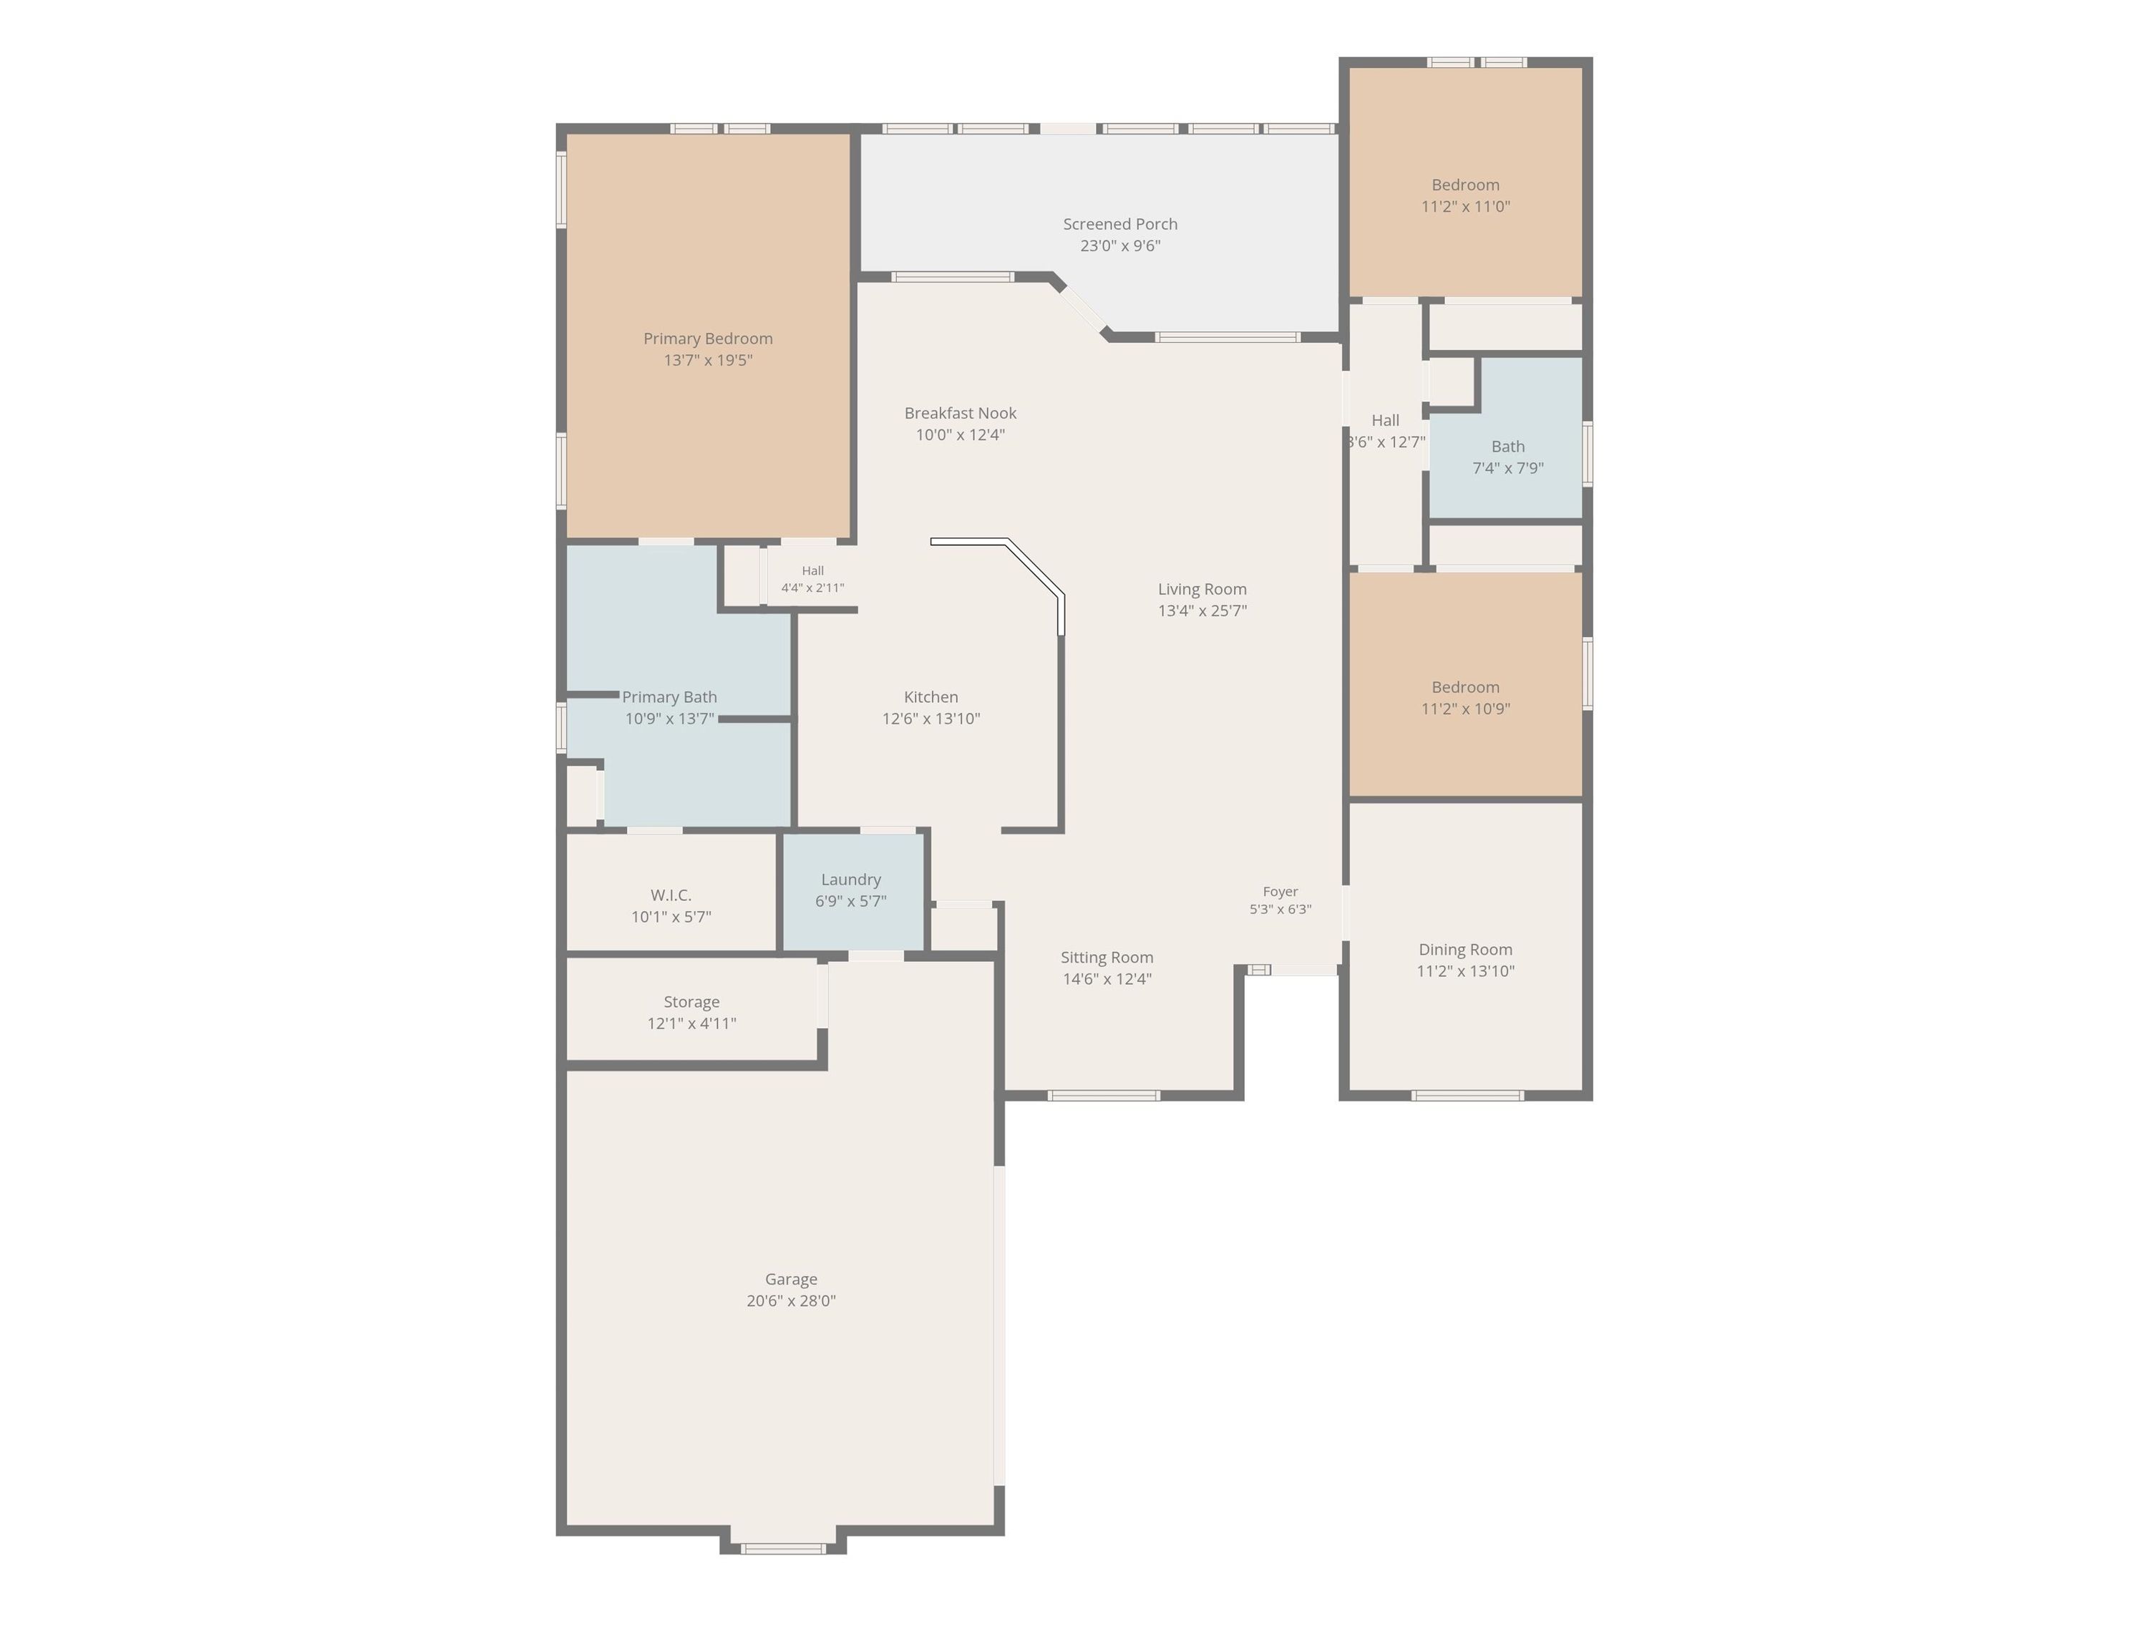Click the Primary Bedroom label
tap(708, 339)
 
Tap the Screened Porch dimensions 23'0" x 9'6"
tap(1120, 245)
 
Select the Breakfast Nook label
tap(960, 413)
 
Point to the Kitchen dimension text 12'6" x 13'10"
tap(930, 719)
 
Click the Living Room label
tap(1202, 589)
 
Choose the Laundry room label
tap(851, 880)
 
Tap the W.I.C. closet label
tap(671, 895)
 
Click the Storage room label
tap(691, 1002)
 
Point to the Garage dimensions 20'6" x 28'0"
tap(792, 1300)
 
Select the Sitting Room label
tap(1107, 957)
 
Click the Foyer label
tap(1280, 891)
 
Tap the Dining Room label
tap(1464, 949)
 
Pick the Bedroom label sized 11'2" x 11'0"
tap(1464, 185)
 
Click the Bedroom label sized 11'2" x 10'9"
tap(1464, 687)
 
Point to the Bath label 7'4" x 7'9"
tap(1508, 447)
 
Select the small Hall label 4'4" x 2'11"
tap(813, 570)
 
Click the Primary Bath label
tap(669, 697)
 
